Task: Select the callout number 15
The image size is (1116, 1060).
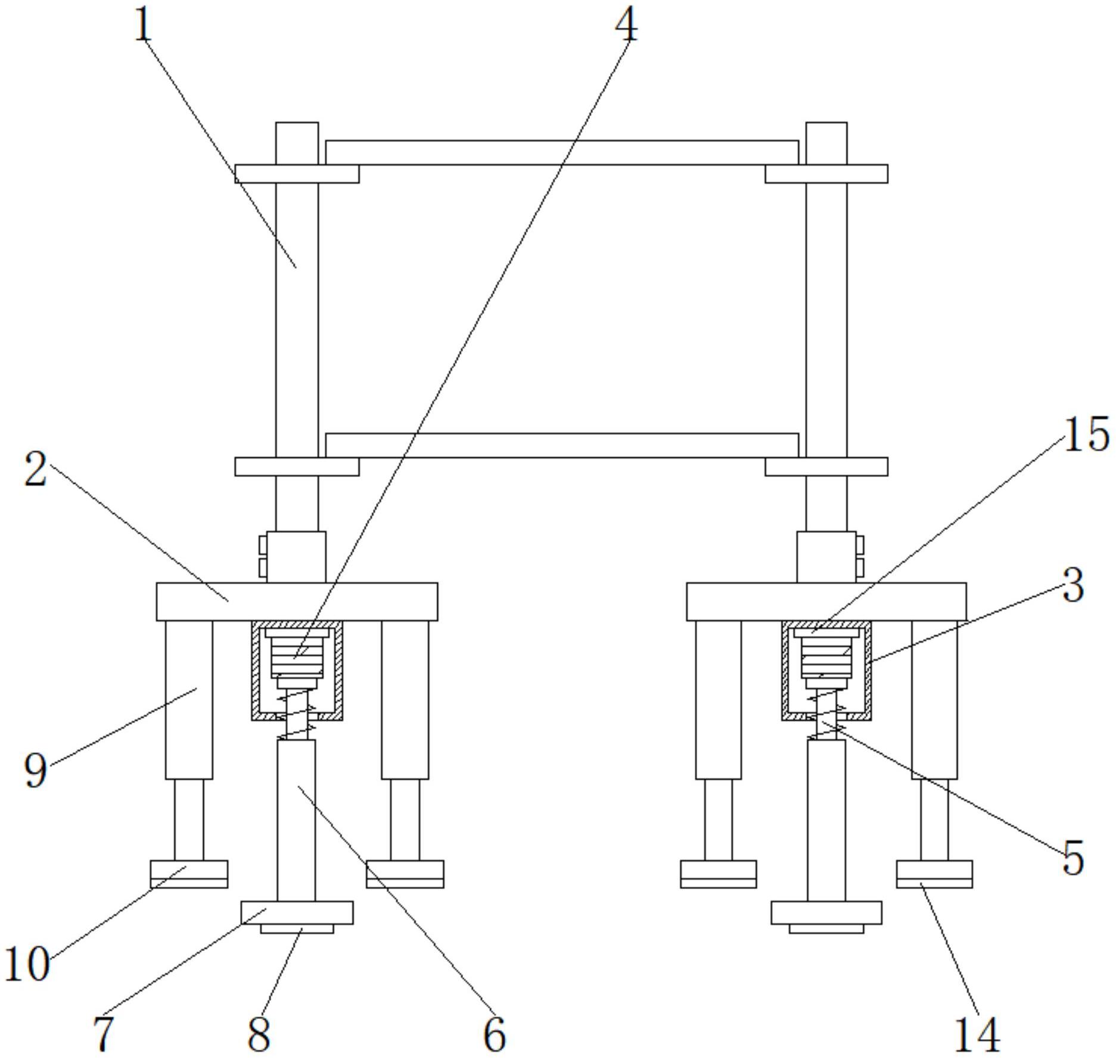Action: (x=1086, y=435)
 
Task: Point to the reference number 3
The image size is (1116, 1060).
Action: (x=1073, y=587)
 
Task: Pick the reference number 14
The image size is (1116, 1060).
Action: (x=977, y=1035)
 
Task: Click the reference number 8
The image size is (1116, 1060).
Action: (x=259, y=1035)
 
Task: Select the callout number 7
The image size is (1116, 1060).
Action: (x=103, y=1035)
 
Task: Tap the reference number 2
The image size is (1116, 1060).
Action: (x=36, y=470)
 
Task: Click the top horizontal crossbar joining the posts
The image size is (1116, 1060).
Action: (x=562, y=153)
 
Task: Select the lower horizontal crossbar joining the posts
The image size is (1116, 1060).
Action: (x=562, y=445)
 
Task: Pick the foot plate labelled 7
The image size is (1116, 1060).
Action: (x=297, y=912)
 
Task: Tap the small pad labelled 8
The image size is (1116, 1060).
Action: (x=297, y=928)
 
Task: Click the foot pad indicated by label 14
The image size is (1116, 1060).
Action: (x=934, y=874)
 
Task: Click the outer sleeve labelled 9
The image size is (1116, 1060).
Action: (x=189, y=700)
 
